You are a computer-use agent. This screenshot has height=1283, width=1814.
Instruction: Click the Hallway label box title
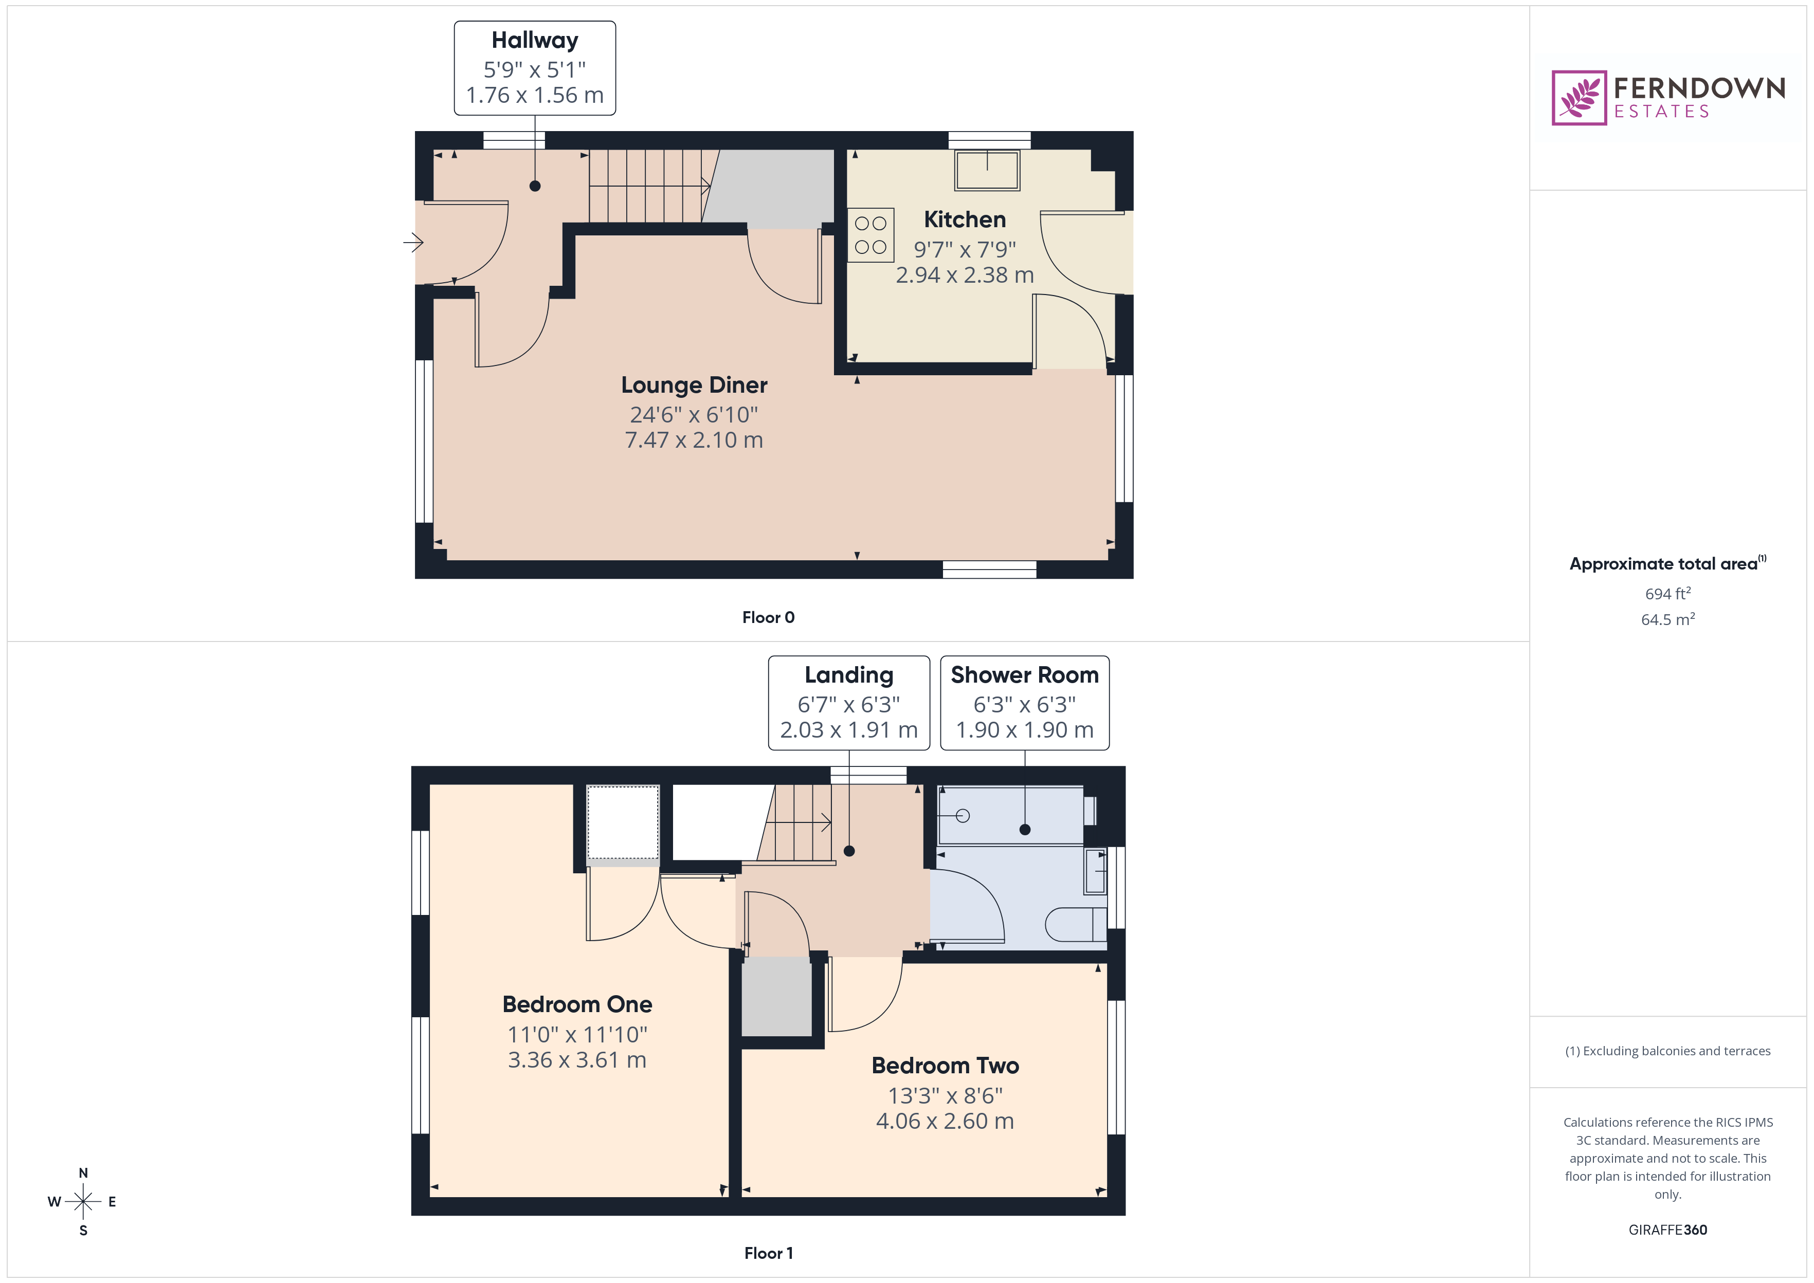[x=534, y=40]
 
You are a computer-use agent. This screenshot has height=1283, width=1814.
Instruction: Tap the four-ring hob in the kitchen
[x=870, y=234]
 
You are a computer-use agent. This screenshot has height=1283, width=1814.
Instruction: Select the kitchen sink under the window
[x=987, y=170]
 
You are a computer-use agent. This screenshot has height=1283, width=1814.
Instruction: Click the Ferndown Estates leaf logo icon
[x=1578, y=98]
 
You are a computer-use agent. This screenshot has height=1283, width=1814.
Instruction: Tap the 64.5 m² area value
[x=1667, y=619]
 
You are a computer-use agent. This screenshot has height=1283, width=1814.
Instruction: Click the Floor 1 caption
[x=768, y=1253]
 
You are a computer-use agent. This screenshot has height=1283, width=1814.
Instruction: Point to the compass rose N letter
[x=83, y=1173]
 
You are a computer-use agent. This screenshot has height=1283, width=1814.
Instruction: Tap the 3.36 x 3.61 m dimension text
[x=577, y=1060]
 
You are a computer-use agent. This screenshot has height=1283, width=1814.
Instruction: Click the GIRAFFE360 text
[x=1667, y=1230]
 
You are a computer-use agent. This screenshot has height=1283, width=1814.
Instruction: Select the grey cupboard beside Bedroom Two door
[x=776, y=996]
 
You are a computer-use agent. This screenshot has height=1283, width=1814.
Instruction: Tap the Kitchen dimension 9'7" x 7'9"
[x=964, y=250]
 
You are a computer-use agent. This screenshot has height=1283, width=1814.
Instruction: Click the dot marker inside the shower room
[x=1025, y=830]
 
